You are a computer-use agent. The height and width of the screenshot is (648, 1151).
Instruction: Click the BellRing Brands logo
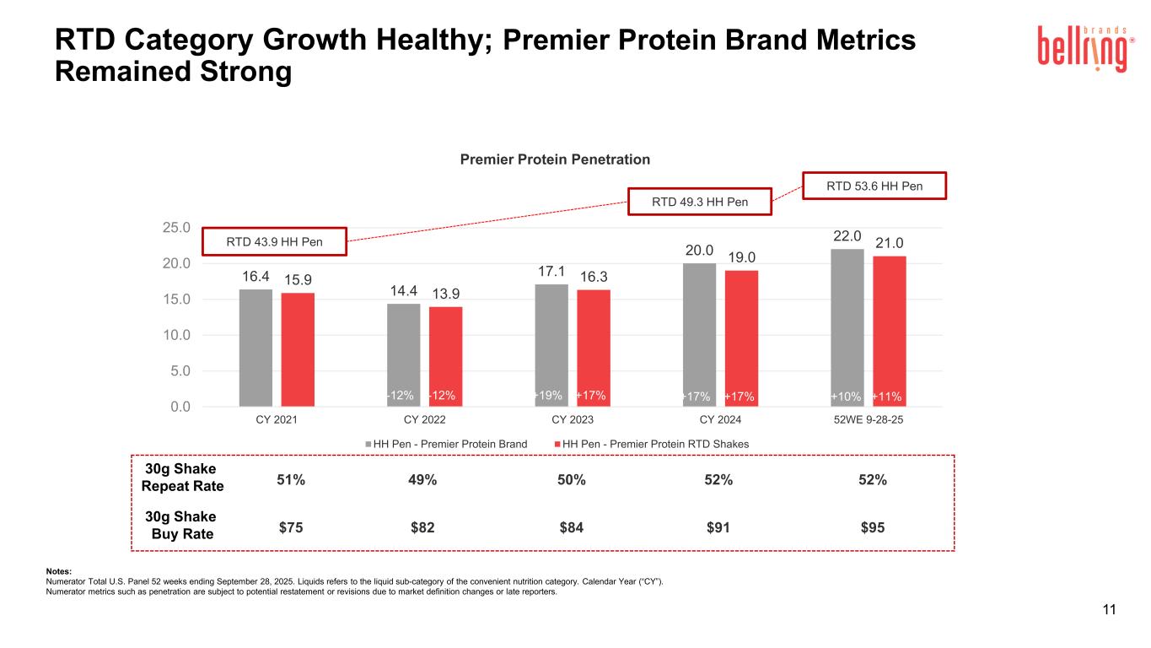[x=1083, y=49]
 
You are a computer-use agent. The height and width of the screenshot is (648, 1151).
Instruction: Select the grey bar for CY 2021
[x=255, y=348]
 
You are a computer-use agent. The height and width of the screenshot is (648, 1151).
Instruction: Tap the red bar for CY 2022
[x=445, y=356]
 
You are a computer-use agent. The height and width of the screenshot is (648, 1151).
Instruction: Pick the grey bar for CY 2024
[x=699, y=335]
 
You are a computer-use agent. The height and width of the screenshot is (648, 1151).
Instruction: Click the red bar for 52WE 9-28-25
[x=889, y=331]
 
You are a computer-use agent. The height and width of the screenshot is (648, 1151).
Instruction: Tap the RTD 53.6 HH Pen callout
[x=874, y=186]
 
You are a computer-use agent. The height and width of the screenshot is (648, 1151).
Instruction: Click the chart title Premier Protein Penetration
[x=554, y=159]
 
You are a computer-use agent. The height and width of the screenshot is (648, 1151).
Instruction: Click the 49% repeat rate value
[x=422, y=480]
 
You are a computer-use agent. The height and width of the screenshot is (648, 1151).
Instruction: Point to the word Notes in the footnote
[x=59, y=572]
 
